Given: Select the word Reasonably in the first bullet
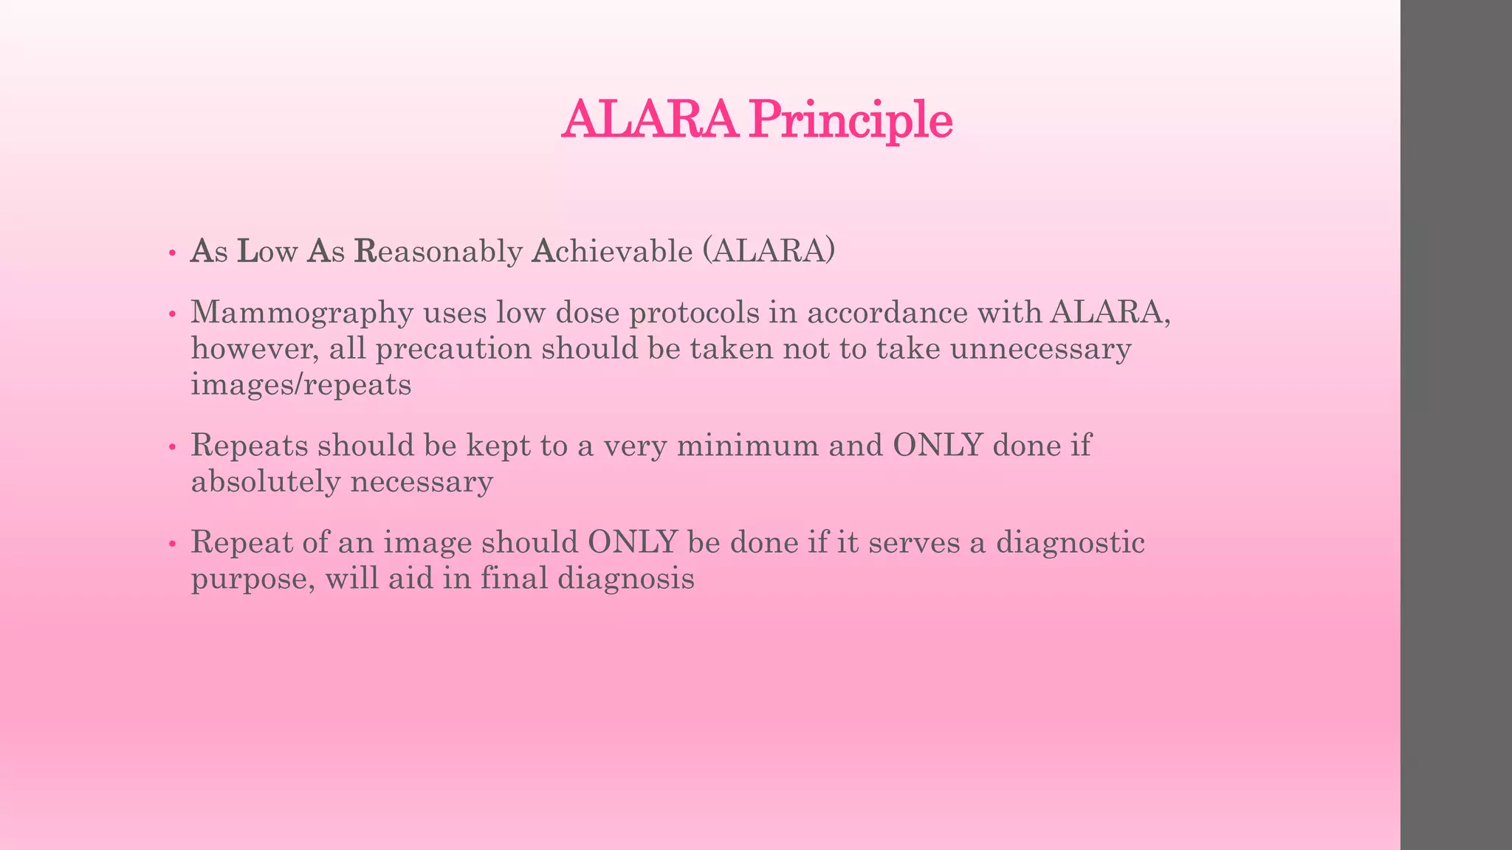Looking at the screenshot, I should click(x=439, y=252).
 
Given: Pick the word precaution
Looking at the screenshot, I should click(x=453, y=349).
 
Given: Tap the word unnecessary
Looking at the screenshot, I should click(x=1040, y=349).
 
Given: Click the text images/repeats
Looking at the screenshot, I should click(x=300, y=385).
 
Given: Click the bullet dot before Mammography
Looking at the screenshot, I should click(x=172, y=314).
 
